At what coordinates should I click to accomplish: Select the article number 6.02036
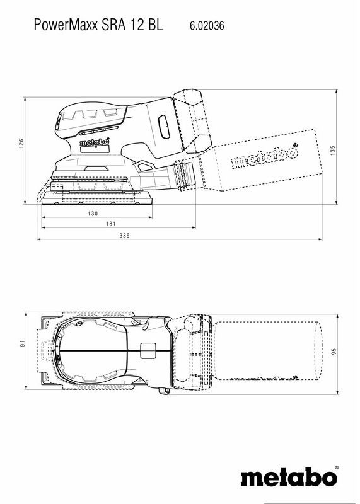[x=206, y=26]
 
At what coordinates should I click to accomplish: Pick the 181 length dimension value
[x=110, y=225]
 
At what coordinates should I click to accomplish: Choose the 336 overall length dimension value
[x=124, y=236]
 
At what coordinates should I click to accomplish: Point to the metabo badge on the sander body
[x=95, y=143]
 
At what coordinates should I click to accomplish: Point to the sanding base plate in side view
[x=98, y=200]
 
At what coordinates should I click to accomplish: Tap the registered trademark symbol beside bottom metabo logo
[x=337, y=468]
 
